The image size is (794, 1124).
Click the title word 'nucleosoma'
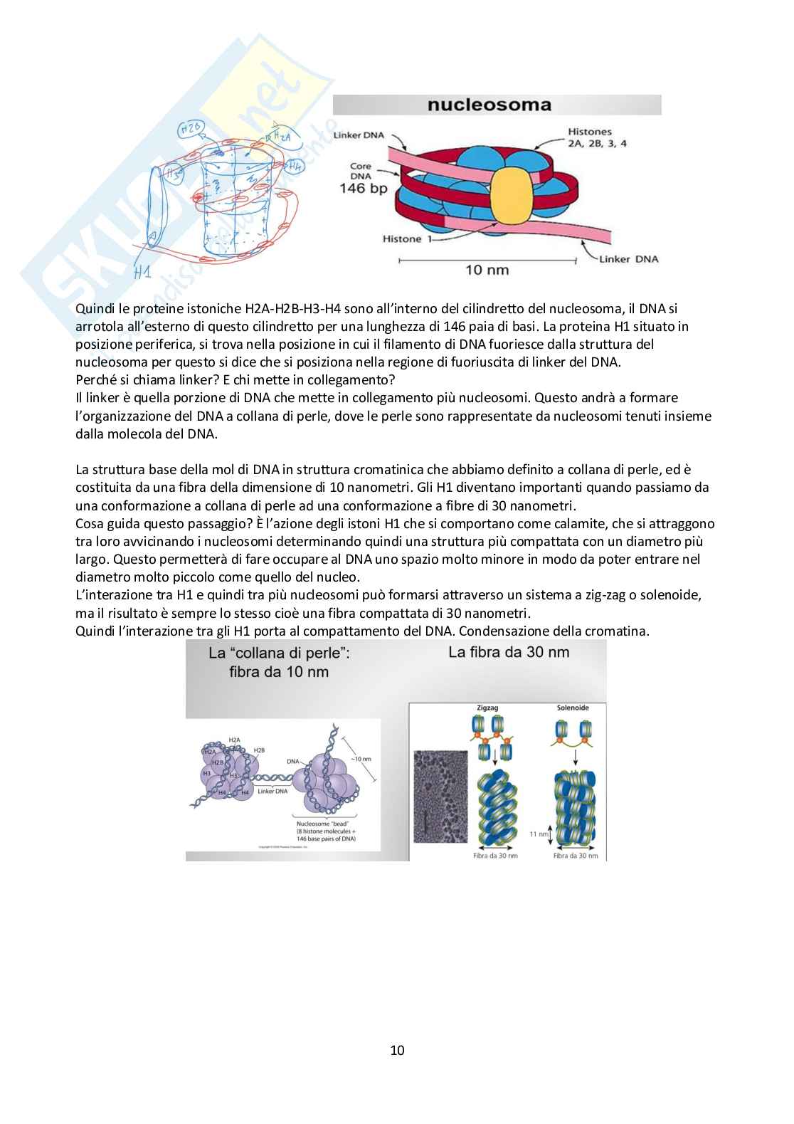pyautogui.click(x=489, y=105)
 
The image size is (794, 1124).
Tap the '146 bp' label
pyautogui.click(x=363, y=189)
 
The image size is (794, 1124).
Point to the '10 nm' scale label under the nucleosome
pyautogui.click(x=487, y=270)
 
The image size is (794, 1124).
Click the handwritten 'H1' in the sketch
pyautogui.click(x=142, y=272)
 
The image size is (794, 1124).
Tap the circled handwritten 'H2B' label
pyautogui.click(x=191, y=129)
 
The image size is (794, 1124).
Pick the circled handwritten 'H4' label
pyautogui.click(x=294, y=165)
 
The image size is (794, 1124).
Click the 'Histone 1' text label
pyautogui.click(x=403, y=239)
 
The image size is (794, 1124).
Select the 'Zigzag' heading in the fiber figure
pyautogui.click(x=487, y=708)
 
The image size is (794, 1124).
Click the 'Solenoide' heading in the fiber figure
pyautogui.click(x=572, y=708)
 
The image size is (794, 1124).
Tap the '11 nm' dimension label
pyautogui.click(x=539, y=834)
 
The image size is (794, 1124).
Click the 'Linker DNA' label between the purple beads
pyautogui.click(x=272, y=791)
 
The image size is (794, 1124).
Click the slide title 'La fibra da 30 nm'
pyautogui.click(x=509, y=652)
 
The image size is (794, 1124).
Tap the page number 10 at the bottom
pyautogui.click(x=397, y=1050)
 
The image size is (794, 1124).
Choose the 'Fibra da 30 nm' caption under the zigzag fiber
pyautogui.click(x=495, y=856)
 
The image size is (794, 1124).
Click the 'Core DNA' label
pyautogui.click(x=361, y=171)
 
